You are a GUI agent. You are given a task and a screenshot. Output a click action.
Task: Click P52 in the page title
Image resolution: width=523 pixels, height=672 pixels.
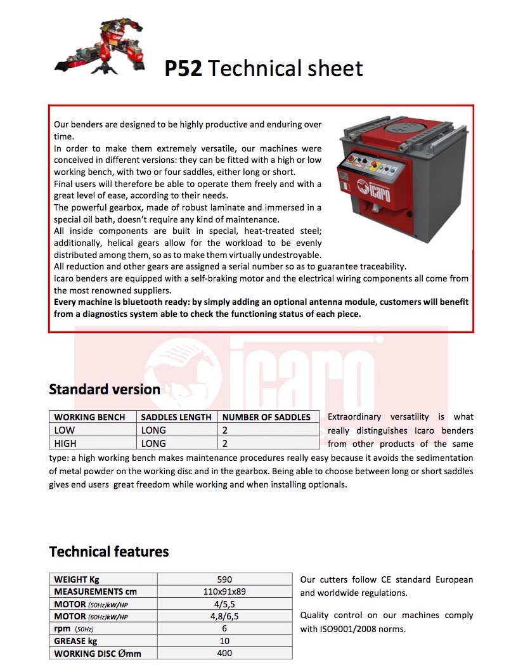pyautogui.click(x=183, y=68)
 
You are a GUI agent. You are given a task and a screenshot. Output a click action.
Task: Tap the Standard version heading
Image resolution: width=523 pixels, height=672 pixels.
pyautogui.click(x=105, y=389)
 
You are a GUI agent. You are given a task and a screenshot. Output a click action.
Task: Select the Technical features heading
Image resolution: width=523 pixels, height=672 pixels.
pyautogui.click(x=109, y=551)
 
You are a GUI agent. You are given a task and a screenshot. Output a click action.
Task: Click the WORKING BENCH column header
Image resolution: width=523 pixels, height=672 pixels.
pyautogui.click(x=94, y=417)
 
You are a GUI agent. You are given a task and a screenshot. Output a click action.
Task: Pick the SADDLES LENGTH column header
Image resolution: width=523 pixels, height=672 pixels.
pyautogui.click(x=176, y=417)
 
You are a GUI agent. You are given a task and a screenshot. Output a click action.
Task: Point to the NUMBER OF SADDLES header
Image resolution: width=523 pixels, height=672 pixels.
pyautogui.click(x=266, y=417)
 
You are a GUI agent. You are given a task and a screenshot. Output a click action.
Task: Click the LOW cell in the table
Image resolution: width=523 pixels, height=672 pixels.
pyautogui.click(x=65, y=430)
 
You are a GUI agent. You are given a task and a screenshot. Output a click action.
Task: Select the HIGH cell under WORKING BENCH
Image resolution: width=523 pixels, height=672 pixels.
pyautogui.click(x=66, y=444)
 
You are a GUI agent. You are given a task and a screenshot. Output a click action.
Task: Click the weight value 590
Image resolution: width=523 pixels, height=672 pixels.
pyautogui.click(x=224, y=579)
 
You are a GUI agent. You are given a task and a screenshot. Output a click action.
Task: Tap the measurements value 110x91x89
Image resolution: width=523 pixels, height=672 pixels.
pyautogui.click(x=224, y=591)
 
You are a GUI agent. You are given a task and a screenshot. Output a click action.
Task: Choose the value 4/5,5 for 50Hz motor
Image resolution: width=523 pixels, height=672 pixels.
pyautogui.click(x=224, y=604)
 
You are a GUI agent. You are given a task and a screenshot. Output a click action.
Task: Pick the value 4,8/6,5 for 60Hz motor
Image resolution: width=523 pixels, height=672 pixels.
pyautogui.click(x=224, y=616)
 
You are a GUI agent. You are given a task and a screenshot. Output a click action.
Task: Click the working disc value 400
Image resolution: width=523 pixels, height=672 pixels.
pyautogui.click(x=224, y=653)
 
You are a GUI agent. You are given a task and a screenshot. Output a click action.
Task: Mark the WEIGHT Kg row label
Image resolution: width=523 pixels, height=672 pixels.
pyautogui.click(x=77, y=579)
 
